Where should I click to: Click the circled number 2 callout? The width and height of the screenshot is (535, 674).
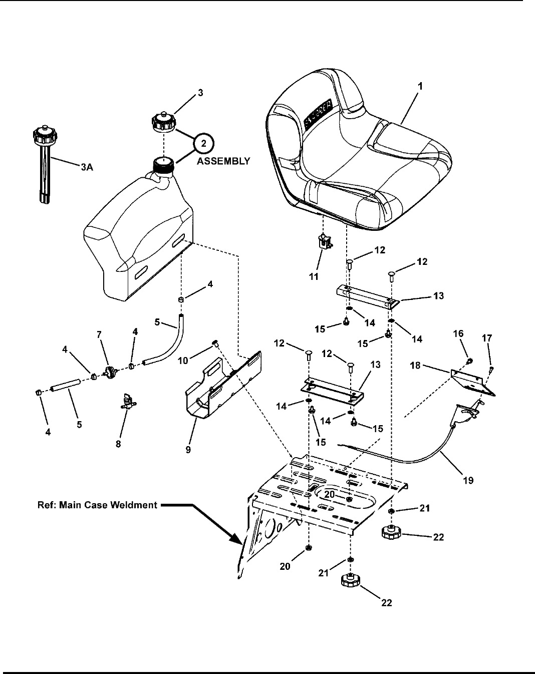tap(202, 144)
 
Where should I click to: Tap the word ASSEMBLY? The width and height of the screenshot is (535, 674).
tap(224, 161)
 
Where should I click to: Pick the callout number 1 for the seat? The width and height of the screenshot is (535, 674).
tap(420, 86)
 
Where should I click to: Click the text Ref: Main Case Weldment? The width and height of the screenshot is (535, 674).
tap(97, 505)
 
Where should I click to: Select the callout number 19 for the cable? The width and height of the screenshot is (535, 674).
tap(468, 480)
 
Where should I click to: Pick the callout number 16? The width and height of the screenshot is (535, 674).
tap(459, 334)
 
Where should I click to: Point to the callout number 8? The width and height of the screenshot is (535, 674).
tap(119, 443)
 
